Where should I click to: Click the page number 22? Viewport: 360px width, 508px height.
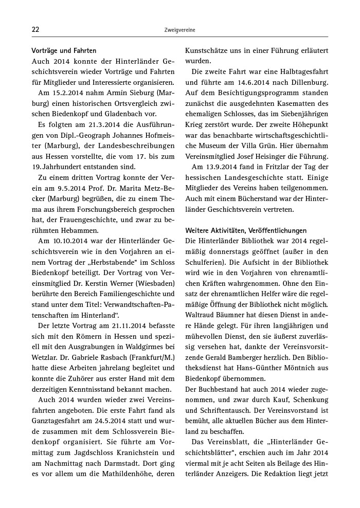point(35,30)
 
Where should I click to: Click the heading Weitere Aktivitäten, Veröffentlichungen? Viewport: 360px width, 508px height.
point(246,230)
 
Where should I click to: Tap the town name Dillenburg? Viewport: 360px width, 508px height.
point(304,82)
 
